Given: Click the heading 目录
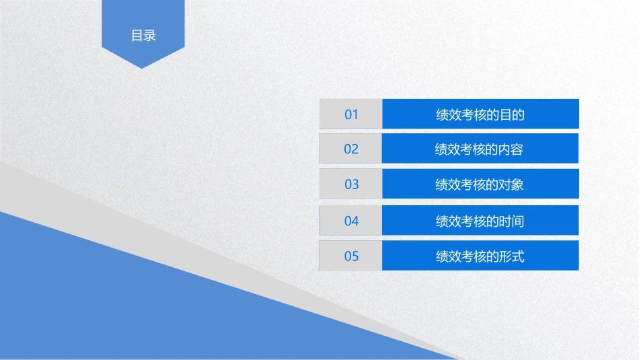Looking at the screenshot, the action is click(143, 36).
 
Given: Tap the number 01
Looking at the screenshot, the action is click(351, 114).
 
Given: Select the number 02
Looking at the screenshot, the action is click(351, 149).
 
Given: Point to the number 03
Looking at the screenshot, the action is click(352, 184).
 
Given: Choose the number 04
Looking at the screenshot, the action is click(351, 221).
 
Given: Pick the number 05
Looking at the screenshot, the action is click(351, 256).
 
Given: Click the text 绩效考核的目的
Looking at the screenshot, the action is click(480, 115).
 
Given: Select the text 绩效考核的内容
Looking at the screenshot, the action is click(479, 149).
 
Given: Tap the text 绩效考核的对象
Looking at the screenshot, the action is click(480, 184).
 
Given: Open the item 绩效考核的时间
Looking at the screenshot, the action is click(480, 221).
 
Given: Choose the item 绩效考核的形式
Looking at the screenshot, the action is click(480, 256).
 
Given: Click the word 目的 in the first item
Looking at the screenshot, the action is click(513, 115).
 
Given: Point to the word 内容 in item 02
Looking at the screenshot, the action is click(511, 149).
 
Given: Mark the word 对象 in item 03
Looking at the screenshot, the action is click(512, 184).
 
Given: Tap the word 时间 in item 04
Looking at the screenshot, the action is click(513, 221).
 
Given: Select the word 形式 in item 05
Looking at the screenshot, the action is click(513, 256).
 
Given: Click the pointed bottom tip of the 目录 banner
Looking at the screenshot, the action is click(142, 69).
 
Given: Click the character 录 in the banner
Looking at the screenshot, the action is click(150, 36).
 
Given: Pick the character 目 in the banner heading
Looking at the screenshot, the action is click(137, 36).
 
